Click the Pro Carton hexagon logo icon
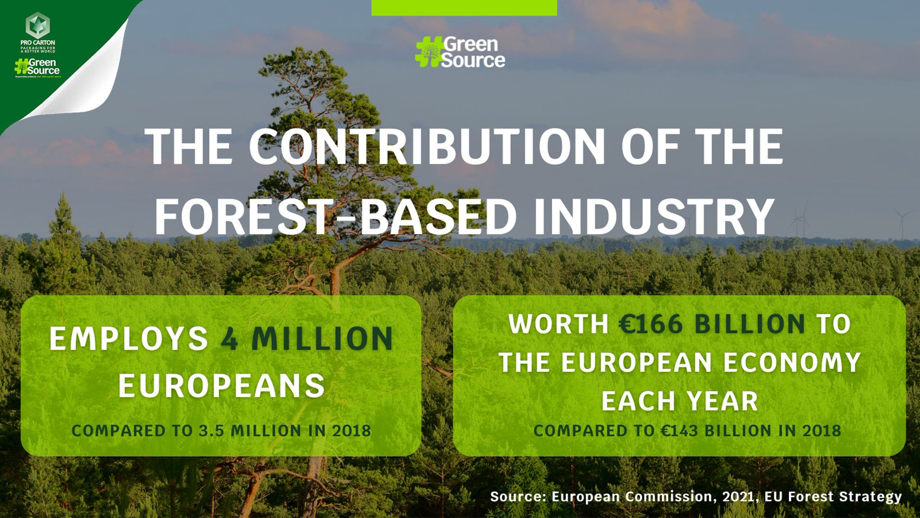38,25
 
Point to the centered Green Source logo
461,53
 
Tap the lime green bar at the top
464,8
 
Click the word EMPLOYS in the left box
128,339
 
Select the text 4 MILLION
307,339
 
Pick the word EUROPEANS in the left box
221,385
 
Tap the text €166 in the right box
651,324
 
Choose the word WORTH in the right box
558,324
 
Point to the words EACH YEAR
680,401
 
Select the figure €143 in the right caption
679,431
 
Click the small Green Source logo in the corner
37,67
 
